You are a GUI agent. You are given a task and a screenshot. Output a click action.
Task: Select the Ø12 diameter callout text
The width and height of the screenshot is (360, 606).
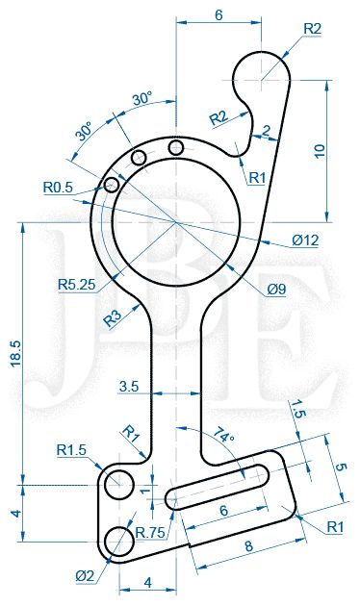[305, 240]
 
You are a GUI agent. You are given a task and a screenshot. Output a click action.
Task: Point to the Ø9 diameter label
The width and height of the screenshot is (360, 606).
[276, 289]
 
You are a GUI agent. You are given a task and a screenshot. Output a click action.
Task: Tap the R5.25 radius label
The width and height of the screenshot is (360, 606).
[77, 285]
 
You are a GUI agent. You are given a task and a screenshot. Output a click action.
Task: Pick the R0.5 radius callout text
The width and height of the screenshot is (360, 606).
[58, 188]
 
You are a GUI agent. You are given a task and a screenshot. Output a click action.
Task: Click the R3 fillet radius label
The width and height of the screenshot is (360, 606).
[113, 318]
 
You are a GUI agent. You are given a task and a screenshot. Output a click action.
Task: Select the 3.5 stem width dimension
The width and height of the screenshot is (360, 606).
[129, 386]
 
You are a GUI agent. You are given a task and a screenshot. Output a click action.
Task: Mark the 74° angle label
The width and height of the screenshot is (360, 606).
[224, 435]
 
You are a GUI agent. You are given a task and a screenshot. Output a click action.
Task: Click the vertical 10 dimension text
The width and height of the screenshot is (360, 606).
[320, 151]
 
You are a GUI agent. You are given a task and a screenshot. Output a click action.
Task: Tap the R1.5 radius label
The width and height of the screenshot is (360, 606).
[71, 450]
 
